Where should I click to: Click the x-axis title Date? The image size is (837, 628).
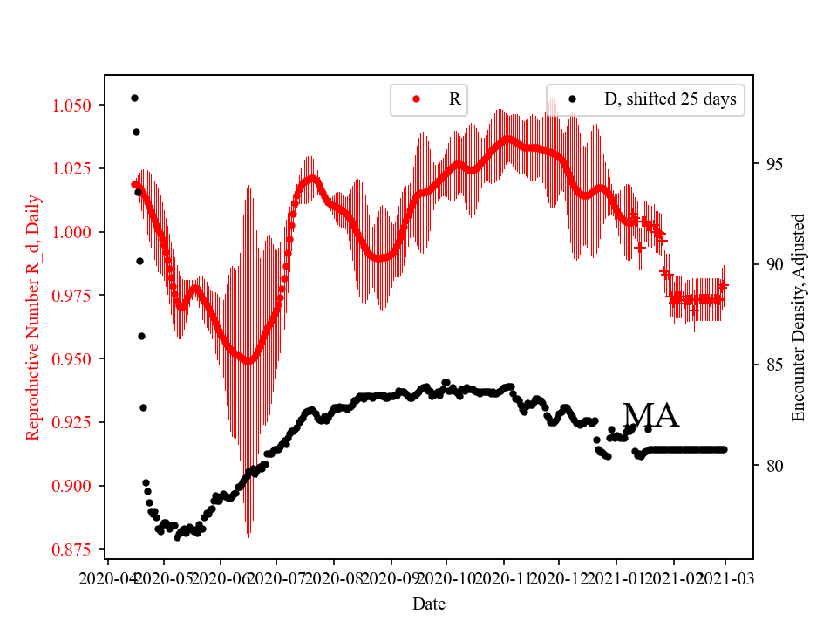tap(429, 603)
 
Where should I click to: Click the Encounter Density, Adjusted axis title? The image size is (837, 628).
tap(798, 317)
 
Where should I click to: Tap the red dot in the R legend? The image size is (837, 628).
tap(416, 99)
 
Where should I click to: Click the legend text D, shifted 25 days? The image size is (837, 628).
tap(670, 99)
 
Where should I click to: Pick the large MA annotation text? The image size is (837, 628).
tap(651, 416)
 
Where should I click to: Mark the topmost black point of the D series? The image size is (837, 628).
tap(134, 98)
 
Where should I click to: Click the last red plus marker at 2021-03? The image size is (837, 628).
tap(723, 286)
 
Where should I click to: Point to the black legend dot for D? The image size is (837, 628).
tap(572, 99)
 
